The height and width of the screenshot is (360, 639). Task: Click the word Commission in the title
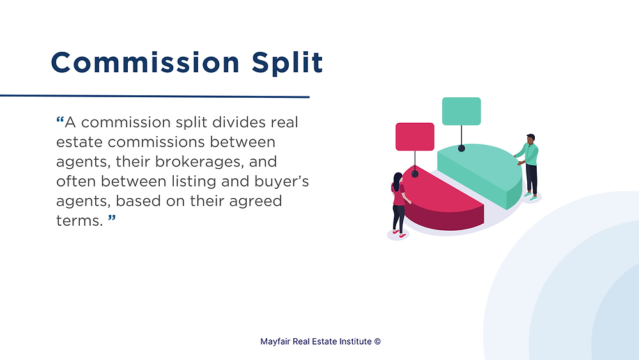click(x=145, y=63)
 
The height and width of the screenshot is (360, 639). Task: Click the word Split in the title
click(x=288, y=63)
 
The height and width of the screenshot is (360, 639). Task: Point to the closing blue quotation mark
click(x=112, y=219)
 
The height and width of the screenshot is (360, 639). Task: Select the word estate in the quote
click(x=79, y=143)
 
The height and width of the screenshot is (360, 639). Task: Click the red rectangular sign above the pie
click(x=415, y=137)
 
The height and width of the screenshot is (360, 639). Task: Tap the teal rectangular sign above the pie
click(x=461, y=111)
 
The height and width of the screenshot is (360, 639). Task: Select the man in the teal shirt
click(x=528, y=166)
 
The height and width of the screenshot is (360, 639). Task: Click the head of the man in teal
click(x=530, y=139)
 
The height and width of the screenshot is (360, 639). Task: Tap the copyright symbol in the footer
click(x=378, y=341)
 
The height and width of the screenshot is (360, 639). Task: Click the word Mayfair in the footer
click(x=275, y=341)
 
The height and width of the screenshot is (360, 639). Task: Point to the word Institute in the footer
click(x=356, y=341)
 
